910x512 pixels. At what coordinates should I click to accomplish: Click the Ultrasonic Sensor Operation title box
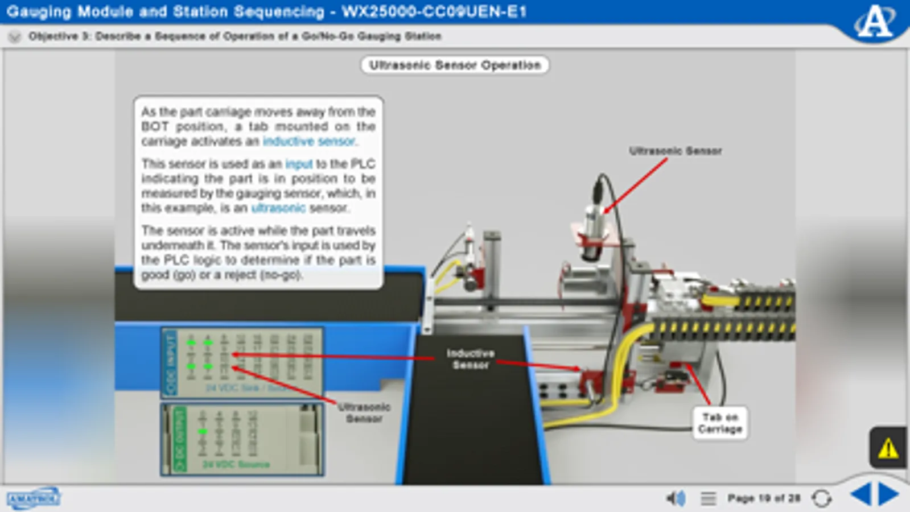click(x=454, y=65)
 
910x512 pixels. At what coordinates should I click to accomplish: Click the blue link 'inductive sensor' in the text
click(x=309, y=141)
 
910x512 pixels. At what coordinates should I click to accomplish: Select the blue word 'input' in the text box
click(x=299, y=164)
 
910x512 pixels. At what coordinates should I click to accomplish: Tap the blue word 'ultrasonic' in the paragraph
click(x=278, y=208)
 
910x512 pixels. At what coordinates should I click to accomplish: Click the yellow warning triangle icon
click(x=888, y=449)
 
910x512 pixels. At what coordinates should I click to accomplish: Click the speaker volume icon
click(x=675, y=498)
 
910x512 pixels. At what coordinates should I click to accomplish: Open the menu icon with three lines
click(x=708, y=498)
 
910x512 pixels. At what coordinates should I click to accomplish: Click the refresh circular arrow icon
click(x=821, y=498)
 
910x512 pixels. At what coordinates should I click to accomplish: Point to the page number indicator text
click(x=763, y=498)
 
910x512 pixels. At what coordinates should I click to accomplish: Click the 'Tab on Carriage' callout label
click(x=720, y=423)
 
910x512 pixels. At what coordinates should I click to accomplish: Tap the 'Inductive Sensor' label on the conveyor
click(x=470, y=359)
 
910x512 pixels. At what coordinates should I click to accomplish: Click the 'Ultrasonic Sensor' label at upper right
click(x=675, y=151)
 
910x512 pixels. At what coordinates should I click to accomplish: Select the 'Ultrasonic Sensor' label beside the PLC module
click(x=364, y=412)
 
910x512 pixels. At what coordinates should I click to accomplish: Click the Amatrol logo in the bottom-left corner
click(x=34, y=498)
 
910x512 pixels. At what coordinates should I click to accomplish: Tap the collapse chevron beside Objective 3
click(x=15, y=37)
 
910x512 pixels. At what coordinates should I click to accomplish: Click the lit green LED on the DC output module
click(x=202, y=432)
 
